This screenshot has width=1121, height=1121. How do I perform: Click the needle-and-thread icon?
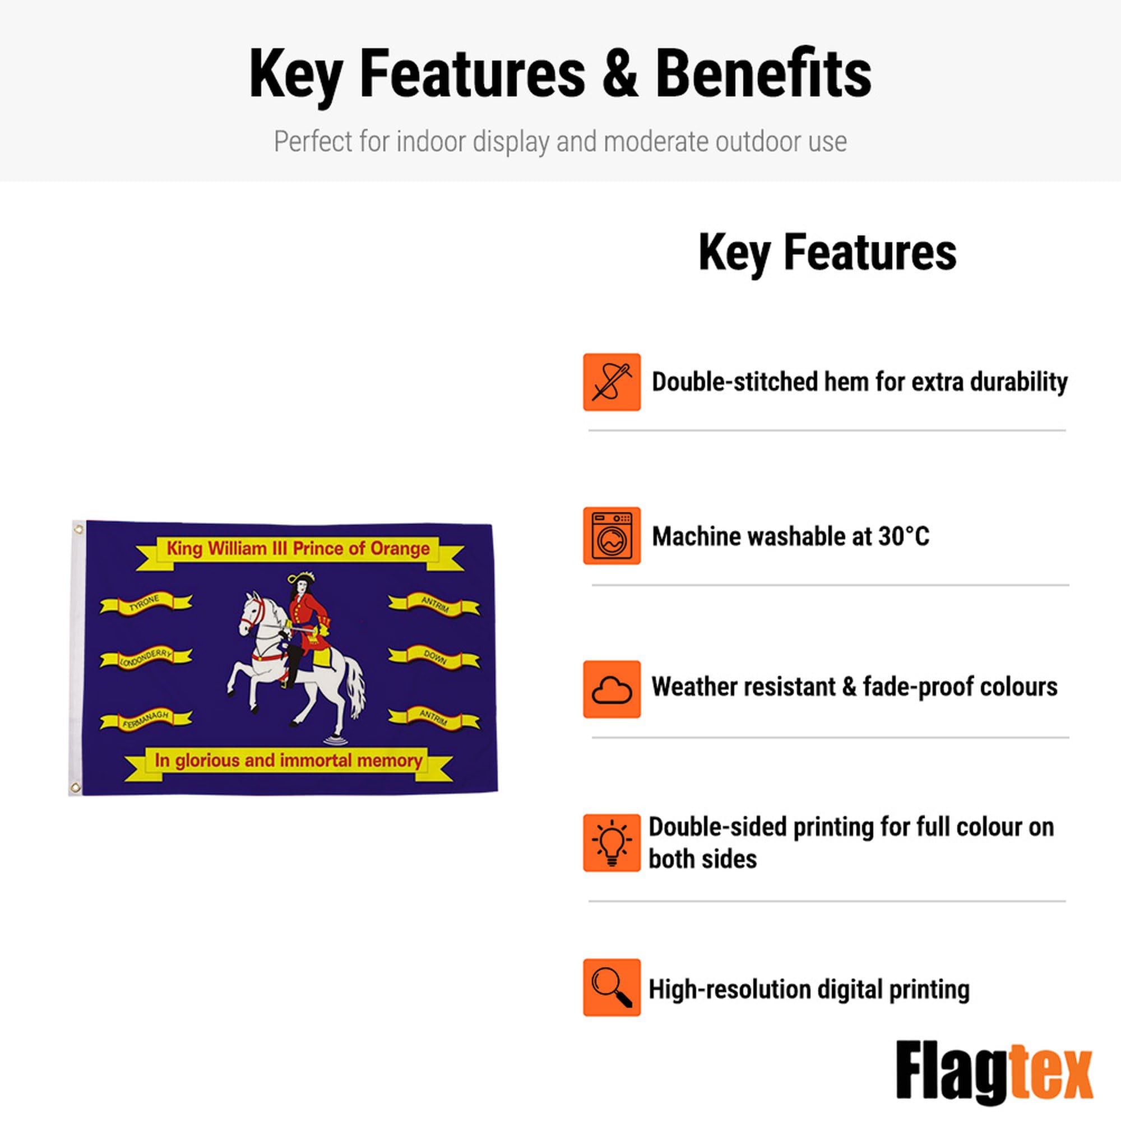612,382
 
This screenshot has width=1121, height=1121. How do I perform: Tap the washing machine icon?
612,535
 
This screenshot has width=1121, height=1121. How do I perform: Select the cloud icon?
612,689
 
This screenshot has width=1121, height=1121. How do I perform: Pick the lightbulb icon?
612,842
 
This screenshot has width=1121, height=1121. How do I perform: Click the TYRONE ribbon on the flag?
146,604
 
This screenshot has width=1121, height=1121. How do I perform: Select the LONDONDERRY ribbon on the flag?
146,658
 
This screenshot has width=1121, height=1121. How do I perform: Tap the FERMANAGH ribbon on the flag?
146,720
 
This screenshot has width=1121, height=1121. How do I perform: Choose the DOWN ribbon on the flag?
434,657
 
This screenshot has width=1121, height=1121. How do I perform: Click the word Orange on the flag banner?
400,548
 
